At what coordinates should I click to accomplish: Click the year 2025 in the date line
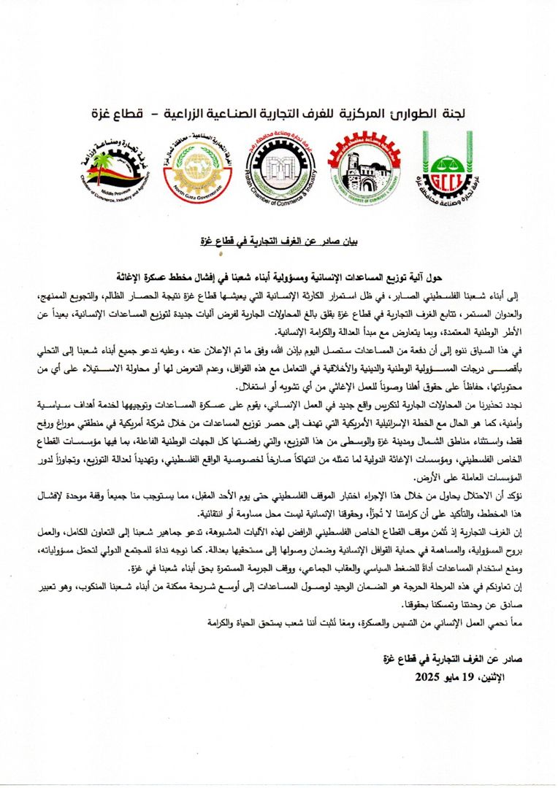tap(431, 678)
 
